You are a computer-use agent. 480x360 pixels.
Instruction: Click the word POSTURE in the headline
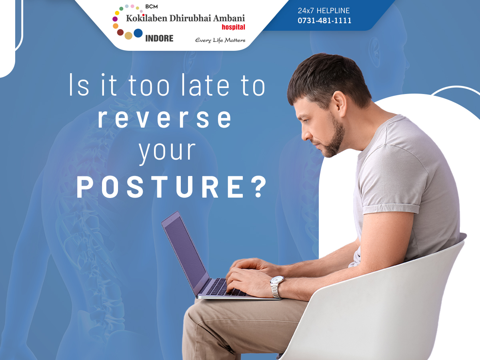tap(160, 187)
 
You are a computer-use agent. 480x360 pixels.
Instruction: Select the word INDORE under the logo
tap(159, 38)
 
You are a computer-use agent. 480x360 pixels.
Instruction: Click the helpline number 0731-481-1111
tap(324, 20)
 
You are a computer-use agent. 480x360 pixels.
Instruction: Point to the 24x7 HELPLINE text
tap(324, 10)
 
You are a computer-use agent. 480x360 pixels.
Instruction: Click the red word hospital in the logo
tap(233, 27)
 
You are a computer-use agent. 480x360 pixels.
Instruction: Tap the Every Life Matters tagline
tap(220, 40)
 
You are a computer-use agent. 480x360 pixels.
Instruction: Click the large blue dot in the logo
tap(138, 33)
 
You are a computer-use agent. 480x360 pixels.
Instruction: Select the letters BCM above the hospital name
tap(151, 6)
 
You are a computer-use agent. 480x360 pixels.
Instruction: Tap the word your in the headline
tap(167, 152)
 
